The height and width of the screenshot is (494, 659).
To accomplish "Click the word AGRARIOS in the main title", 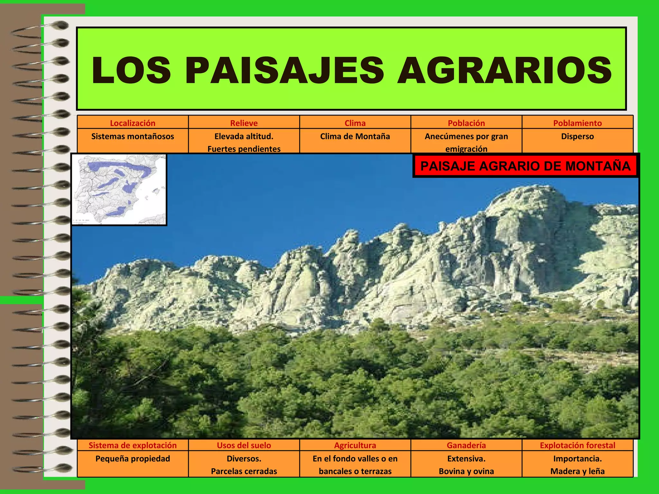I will [504, 70].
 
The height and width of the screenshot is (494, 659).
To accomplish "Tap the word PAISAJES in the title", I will [284, 70].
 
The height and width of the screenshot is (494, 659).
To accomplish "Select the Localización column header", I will [133, 123].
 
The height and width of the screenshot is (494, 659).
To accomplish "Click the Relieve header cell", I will [244, 123].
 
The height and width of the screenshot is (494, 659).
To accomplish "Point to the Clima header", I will [355, 123].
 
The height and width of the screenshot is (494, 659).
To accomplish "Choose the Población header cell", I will [466, 123].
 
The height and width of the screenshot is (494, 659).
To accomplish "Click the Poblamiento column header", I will [577, 123].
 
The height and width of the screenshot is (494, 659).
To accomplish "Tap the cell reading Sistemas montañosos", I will [133, 136].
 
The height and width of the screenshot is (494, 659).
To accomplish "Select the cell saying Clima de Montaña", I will [355, 136].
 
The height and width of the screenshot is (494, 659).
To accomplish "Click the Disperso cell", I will [577, 136].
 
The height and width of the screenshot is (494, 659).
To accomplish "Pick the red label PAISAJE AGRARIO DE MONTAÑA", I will [525, 166].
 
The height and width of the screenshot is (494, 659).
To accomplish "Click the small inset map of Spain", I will [119, 189].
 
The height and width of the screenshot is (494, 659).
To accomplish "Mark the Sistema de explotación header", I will [133, 445].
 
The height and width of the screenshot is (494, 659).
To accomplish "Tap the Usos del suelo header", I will [244, 445].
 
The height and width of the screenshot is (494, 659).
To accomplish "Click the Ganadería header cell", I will [466, 445].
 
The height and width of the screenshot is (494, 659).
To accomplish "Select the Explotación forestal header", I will [577, 445].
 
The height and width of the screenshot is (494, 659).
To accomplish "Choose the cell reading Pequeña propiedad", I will [133, 459].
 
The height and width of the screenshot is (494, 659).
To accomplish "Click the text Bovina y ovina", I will [466, 471].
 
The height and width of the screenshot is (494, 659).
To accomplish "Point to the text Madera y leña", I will [577, 471].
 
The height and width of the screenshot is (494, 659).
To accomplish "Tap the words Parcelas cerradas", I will [244, 471].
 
